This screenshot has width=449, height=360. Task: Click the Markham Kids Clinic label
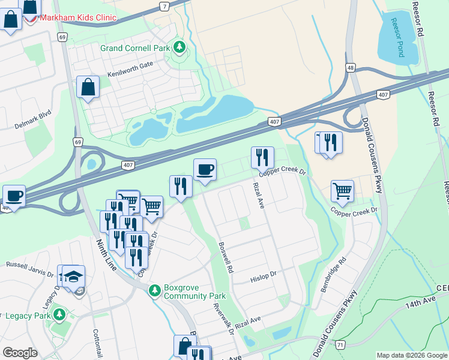[x=77, y=17]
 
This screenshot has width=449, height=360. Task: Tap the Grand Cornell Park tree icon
[x=178, y=47]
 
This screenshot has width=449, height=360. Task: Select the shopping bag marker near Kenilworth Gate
[x=88, y=87]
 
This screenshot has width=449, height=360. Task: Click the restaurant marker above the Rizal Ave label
[x=262, y=157]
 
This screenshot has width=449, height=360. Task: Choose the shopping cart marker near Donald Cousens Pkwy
[x=342, y=191]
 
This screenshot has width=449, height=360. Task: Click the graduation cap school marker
[x=73, y=276]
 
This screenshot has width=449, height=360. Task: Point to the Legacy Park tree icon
[x=59, y=314]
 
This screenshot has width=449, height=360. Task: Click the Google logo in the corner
[x=20, y=353]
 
